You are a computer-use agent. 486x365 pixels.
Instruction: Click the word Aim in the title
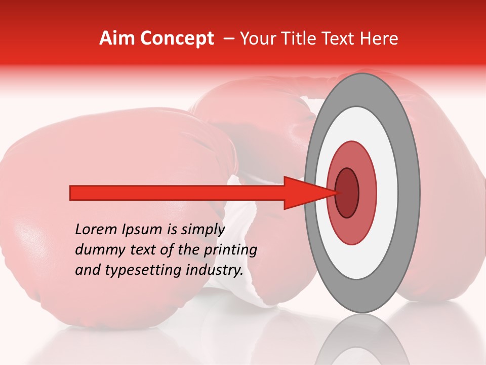[117, 39]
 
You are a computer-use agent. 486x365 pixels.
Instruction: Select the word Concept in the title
[177, 39]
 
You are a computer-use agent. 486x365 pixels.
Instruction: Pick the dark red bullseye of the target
[347, 193]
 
